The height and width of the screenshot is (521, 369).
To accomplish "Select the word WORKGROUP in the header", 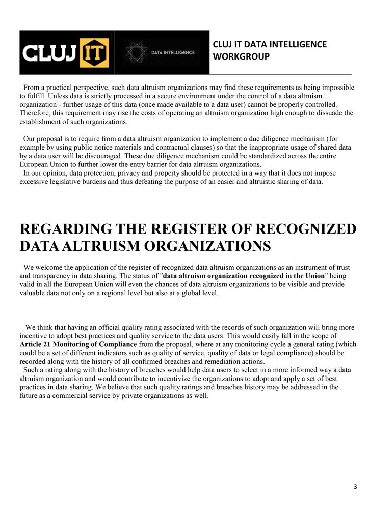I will [241, 56].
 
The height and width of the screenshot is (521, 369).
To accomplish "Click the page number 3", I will [355, 487].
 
